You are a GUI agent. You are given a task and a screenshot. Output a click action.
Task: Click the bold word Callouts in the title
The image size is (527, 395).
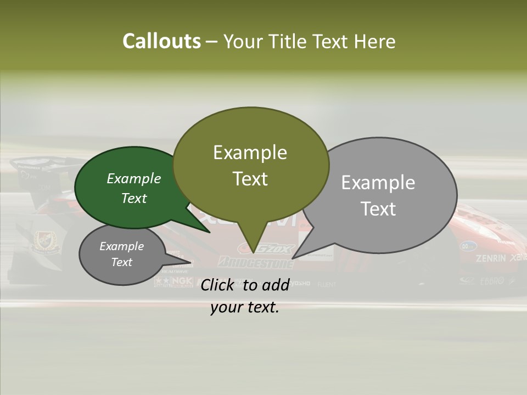[x=161, y=41]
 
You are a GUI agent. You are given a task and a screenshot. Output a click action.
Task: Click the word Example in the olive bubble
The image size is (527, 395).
[x=250, y=153]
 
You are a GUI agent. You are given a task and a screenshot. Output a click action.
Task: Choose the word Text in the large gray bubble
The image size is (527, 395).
[x=379, y=209]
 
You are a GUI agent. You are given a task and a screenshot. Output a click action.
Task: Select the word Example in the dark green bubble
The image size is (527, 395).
[x=134, y=178]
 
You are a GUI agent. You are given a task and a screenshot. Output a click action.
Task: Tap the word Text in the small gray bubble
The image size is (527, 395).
[x=121, y=262]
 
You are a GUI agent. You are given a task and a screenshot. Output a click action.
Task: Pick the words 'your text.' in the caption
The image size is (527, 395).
[x=245, y=307]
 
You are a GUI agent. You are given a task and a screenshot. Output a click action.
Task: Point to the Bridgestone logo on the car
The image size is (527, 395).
[x=256, y=262]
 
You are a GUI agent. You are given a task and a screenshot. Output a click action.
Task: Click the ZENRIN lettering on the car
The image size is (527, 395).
[x=490, y=258]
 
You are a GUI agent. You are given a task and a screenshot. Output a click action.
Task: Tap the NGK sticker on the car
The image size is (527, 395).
[x=178, y=281]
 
